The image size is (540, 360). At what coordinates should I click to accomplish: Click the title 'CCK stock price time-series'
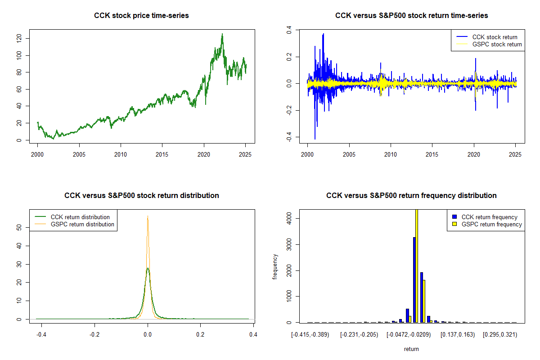tap(141, 16)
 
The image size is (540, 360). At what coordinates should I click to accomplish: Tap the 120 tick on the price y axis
tap(19, 39)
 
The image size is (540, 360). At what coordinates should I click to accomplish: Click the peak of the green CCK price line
tap(222, 34)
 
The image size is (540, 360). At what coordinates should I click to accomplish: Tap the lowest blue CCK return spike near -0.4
tap(315, 139)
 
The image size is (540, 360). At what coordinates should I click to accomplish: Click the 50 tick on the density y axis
tap(19, 228)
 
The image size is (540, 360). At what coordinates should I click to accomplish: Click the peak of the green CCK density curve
tap(148, 268)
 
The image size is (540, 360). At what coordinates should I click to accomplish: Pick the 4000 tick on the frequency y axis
tap(289, 219)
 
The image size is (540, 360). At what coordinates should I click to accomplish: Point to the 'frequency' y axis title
tap(275, 267)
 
